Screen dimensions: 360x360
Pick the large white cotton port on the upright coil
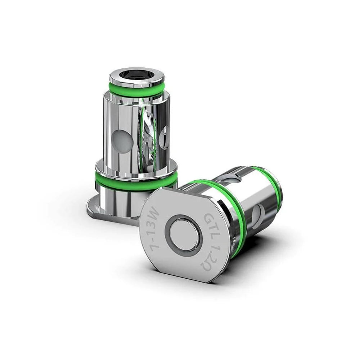[122, 140]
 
